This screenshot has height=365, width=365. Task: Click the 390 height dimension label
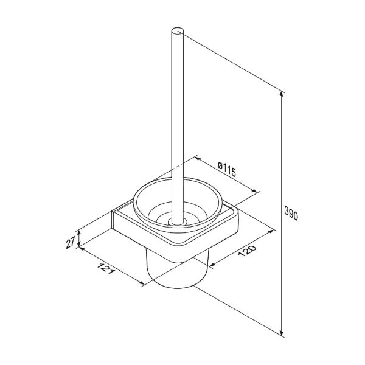[x=291, y=213]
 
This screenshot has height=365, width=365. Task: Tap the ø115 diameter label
[x=227, y=169]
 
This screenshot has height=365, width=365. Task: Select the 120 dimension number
[x=247, y=251]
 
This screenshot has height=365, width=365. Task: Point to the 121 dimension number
[x=106, y=268]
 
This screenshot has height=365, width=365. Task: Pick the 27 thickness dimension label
[x=71, y=242]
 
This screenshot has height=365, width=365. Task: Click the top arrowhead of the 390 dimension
[x=282, y=94]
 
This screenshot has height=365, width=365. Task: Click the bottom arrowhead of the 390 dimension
[x=282, y=333]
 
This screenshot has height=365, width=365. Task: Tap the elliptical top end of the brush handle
[x=178, y=31]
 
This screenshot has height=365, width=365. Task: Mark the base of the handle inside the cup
[x=178, y=221]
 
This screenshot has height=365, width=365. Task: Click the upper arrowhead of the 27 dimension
[x=79, y=233]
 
